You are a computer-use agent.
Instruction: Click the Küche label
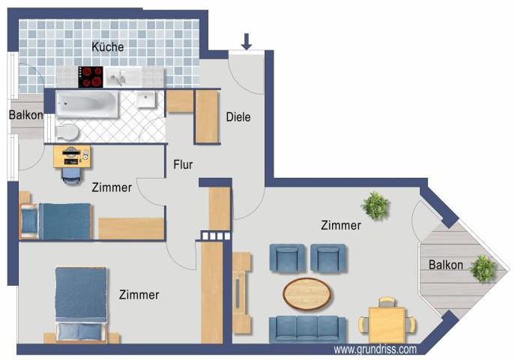(107, 46)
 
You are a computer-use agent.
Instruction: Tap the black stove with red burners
(91, 76)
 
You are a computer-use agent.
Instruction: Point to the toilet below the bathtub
(66, 132)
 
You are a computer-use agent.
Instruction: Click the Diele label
(238, 117)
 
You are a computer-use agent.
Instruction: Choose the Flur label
(184, 165)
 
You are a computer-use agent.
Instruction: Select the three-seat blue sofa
(307, 328)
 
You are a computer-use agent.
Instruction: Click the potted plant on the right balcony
(482, 268)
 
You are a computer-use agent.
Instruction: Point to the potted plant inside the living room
(374, 205)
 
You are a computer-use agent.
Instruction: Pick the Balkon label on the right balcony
(445, 265)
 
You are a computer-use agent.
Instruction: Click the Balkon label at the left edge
(25, 115)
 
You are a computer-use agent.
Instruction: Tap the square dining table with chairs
(387, 323)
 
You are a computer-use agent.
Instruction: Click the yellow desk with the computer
(72, 156)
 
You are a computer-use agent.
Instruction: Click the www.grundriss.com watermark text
(375, 349)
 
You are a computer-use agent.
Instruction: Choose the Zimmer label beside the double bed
(139, 295)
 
